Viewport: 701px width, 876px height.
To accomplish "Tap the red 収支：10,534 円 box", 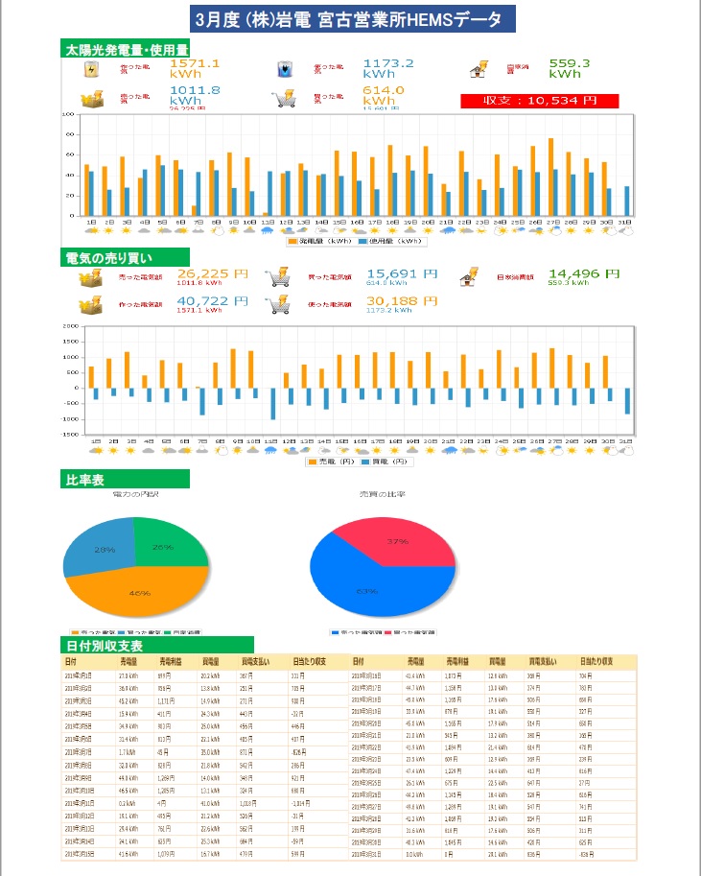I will click(539, 100).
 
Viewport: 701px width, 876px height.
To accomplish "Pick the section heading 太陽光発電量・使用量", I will click(125, 48).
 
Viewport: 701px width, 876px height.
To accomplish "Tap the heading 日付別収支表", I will click(104, 646).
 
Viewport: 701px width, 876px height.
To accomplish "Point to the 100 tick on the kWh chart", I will click(68, 115).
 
